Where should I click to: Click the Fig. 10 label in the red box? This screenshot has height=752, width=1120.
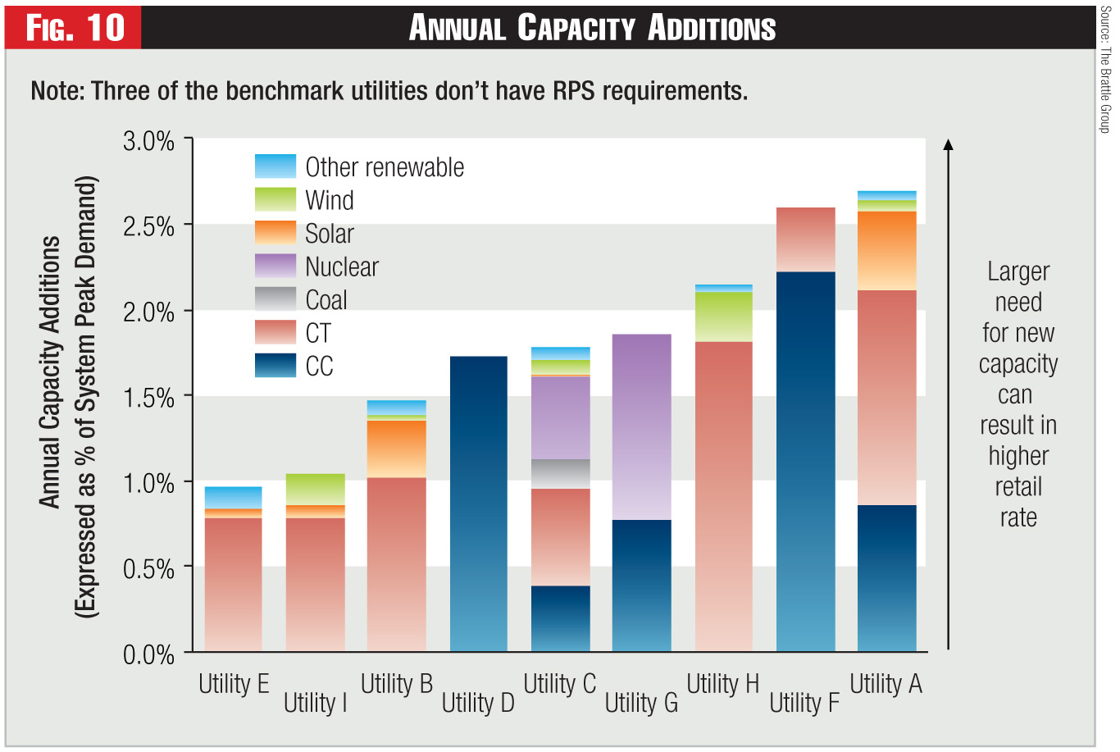(x=75, y=27)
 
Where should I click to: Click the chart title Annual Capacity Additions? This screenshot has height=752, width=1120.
(x=592, y=28)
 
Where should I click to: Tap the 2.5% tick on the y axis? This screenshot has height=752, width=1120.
(x=148, y=226)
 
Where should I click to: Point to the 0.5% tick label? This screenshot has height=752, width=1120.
(x=148, y=568)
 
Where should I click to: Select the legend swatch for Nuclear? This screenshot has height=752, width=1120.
(x=275, y=266)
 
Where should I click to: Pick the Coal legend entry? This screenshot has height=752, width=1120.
(x=326, y=300)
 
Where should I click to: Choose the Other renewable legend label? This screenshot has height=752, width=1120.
(x=384, y=167)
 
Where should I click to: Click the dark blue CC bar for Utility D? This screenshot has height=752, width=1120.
(x=478, y=504)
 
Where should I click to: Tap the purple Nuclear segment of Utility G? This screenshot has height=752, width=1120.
(x=641, y=426)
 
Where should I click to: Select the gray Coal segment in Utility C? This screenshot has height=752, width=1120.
(x=560, y=473)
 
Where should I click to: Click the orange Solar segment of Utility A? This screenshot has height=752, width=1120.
(x=886, y=250)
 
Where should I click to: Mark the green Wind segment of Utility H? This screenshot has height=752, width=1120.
(x=723, y=317)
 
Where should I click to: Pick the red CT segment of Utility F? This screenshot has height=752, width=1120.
(x=805, y=239)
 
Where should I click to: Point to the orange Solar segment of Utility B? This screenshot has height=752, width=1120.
(x=397, y=449)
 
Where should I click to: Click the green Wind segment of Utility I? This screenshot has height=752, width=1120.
(x=316, y=489)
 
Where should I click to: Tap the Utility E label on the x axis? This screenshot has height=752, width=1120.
(x=234, y=684)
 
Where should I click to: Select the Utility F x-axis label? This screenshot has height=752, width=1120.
(x=804, y=703)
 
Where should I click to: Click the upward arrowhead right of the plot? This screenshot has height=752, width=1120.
(x=948, y=145)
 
